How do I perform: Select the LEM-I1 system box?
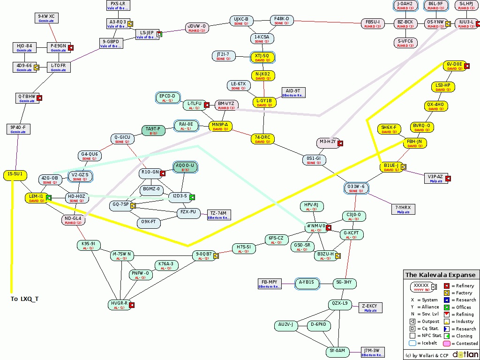coord(36,198)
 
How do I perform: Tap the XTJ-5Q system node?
coord(262,57)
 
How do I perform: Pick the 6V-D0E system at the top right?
coord(454,66)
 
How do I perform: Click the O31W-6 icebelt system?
coord(356,188)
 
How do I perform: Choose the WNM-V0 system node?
coord(315,227)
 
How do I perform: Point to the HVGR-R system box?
coord(120,305)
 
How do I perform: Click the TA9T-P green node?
coord(153,130)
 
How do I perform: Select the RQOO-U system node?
coord(185,167)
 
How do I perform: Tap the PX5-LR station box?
coord(118,5)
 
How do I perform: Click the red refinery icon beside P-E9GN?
coord(71,47)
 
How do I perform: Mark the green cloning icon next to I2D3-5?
coord(192,197)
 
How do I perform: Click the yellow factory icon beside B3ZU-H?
coord(337,255)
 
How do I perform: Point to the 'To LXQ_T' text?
coord(25,299)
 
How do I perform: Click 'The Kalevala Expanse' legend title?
coord(440,275)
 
